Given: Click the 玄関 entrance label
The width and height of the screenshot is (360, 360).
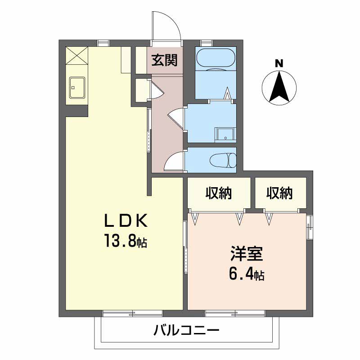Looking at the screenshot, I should click(164, 60).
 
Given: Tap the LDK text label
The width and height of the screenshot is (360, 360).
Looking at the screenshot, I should click(126, 221).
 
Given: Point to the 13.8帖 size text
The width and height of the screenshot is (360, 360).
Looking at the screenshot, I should click(126, 242).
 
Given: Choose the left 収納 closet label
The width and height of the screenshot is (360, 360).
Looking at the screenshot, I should click(219, 193).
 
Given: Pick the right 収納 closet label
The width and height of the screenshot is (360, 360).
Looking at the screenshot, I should click(279, 193).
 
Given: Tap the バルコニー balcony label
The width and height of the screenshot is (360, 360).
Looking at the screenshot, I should click(186, 332).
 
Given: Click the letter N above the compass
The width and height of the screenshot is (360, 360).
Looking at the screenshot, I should click(279, 63).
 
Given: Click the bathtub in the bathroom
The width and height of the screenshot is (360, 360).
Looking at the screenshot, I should click(215, 59).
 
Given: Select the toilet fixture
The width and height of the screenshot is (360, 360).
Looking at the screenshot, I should click(223, 160).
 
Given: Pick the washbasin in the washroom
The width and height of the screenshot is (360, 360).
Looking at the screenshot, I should click(225, 134).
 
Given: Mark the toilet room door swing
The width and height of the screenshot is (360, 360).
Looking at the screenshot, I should click(174, 162).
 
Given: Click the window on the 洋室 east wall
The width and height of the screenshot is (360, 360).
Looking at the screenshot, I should click(310, 227).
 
